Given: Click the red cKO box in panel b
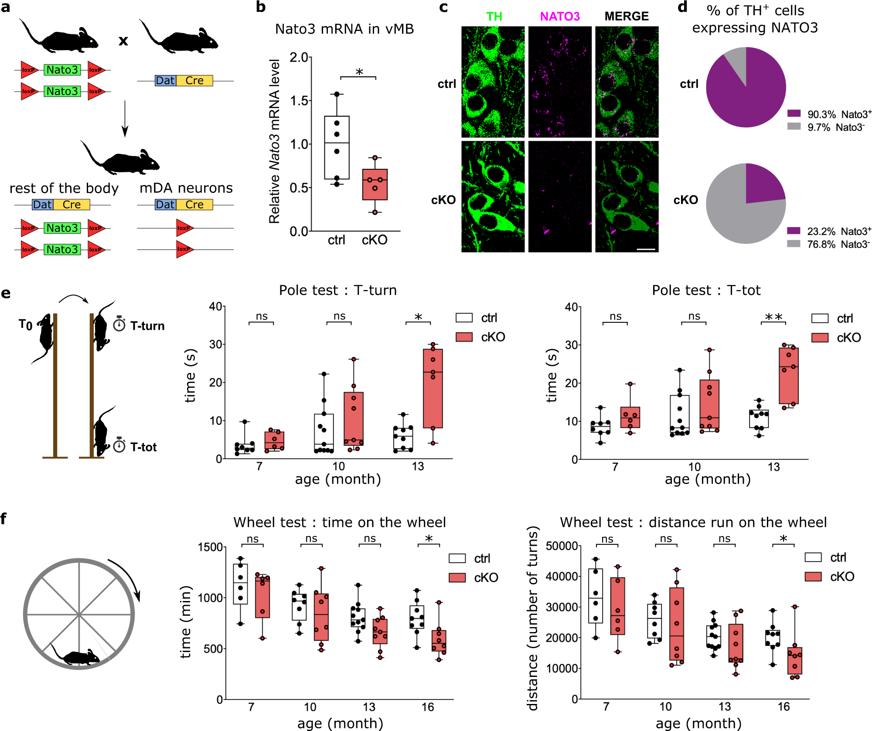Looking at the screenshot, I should point(375,184).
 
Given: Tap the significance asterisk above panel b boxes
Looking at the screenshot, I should point(359,72).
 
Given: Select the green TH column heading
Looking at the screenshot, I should point(494,17).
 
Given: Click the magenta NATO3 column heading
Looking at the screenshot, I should point(559,17).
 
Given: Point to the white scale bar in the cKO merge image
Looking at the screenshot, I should point(646,249).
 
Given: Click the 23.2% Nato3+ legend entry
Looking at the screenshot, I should point(828,231).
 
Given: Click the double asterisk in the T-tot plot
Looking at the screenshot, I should point(773,317).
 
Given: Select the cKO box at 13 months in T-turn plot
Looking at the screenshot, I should point(433,388).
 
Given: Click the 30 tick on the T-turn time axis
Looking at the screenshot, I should point(215,345).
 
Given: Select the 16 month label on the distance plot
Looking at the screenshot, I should point(783,707).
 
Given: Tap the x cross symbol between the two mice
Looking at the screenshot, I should point(123,41).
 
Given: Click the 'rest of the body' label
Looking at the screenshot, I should point(64,188).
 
